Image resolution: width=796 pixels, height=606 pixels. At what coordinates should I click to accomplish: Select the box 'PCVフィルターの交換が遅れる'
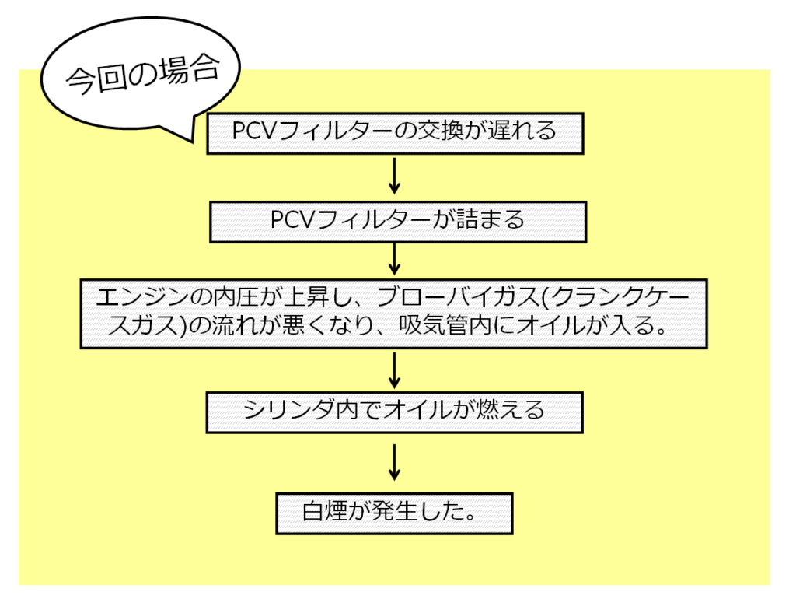395,131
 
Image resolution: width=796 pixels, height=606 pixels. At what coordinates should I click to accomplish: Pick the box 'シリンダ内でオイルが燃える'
395,410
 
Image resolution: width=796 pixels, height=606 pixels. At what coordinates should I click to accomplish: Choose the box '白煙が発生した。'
394,513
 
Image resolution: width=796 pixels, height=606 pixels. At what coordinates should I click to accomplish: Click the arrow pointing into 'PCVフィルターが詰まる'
394,177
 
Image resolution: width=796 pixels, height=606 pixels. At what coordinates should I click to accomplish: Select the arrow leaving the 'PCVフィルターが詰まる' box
394,260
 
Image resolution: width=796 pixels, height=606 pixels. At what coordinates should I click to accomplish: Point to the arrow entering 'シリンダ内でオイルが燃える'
394,370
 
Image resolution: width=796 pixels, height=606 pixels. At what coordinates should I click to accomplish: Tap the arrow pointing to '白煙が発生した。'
394,463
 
